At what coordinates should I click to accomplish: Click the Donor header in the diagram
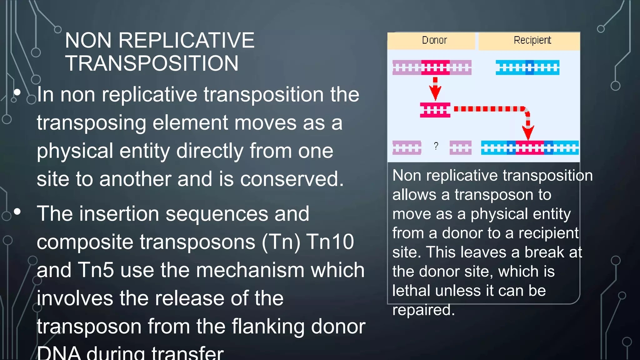click(x=434, y=40)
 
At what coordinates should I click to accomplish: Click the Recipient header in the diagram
click(x=532, y=40)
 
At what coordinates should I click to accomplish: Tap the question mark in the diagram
click(x=436, y=146)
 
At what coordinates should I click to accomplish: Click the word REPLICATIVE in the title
click(x=186, y=41)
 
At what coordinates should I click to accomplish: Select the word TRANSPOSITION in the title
click(x=152, y=63)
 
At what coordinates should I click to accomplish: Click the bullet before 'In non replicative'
click(x=17, y=92)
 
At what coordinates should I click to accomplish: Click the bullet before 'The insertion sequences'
click(x=17, y=212)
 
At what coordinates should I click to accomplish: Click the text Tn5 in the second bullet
click(x=96, y=270)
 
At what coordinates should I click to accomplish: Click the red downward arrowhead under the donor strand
click(x=435, y=93)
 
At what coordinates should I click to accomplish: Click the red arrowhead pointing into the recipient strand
click(x=528, y=133)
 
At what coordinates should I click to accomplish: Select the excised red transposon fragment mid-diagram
click(x=435, y=110)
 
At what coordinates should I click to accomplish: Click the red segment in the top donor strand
click(x=435, y=67)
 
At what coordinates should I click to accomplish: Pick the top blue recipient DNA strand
click(x=527, y=67)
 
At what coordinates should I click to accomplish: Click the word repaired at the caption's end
click(x=423, y=310)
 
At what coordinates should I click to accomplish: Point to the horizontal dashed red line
click(x=489, y=109)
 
